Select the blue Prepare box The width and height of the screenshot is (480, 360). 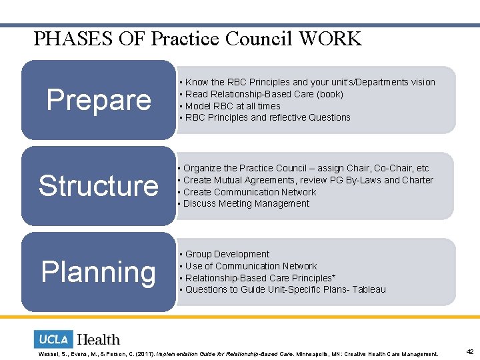pyautogui.click(x=99, y=100)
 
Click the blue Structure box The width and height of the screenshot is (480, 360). pyautogui.click(x=99, y=185)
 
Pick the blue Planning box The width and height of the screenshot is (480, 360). pyautogui.click(x=99, y=272)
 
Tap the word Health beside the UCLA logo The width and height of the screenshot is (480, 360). pyautogui.click(x=99, y=340)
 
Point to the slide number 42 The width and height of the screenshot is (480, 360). pyautogui.click(x=469, y=352)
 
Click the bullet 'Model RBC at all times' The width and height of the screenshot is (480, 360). pyautogui.click(x=233, y=106)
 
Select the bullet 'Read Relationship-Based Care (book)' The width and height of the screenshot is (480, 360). pyautogui.click(x=264, y=94)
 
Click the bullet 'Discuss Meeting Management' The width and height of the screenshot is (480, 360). pyautogui.click(x=246, y=203)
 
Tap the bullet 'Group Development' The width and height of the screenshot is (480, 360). pyautogui.click(x=227, y=254)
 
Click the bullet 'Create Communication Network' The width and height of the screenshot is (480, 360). pyautogui.click(x=249, y=192)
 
